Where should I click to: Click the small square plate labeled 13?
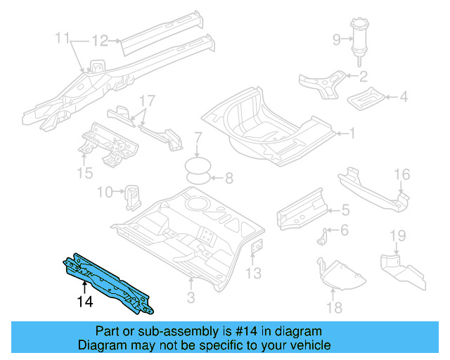[257, 247]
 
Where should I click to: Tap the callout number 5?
[345, 210]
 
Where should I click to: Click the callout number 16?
[401, 174]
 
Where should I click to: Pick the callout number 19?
[398, 235]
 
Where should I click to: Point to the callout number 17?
[146, 101]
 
